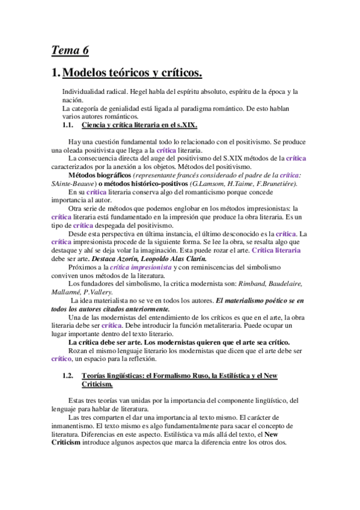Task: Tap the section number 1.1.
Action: [71, 125]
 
